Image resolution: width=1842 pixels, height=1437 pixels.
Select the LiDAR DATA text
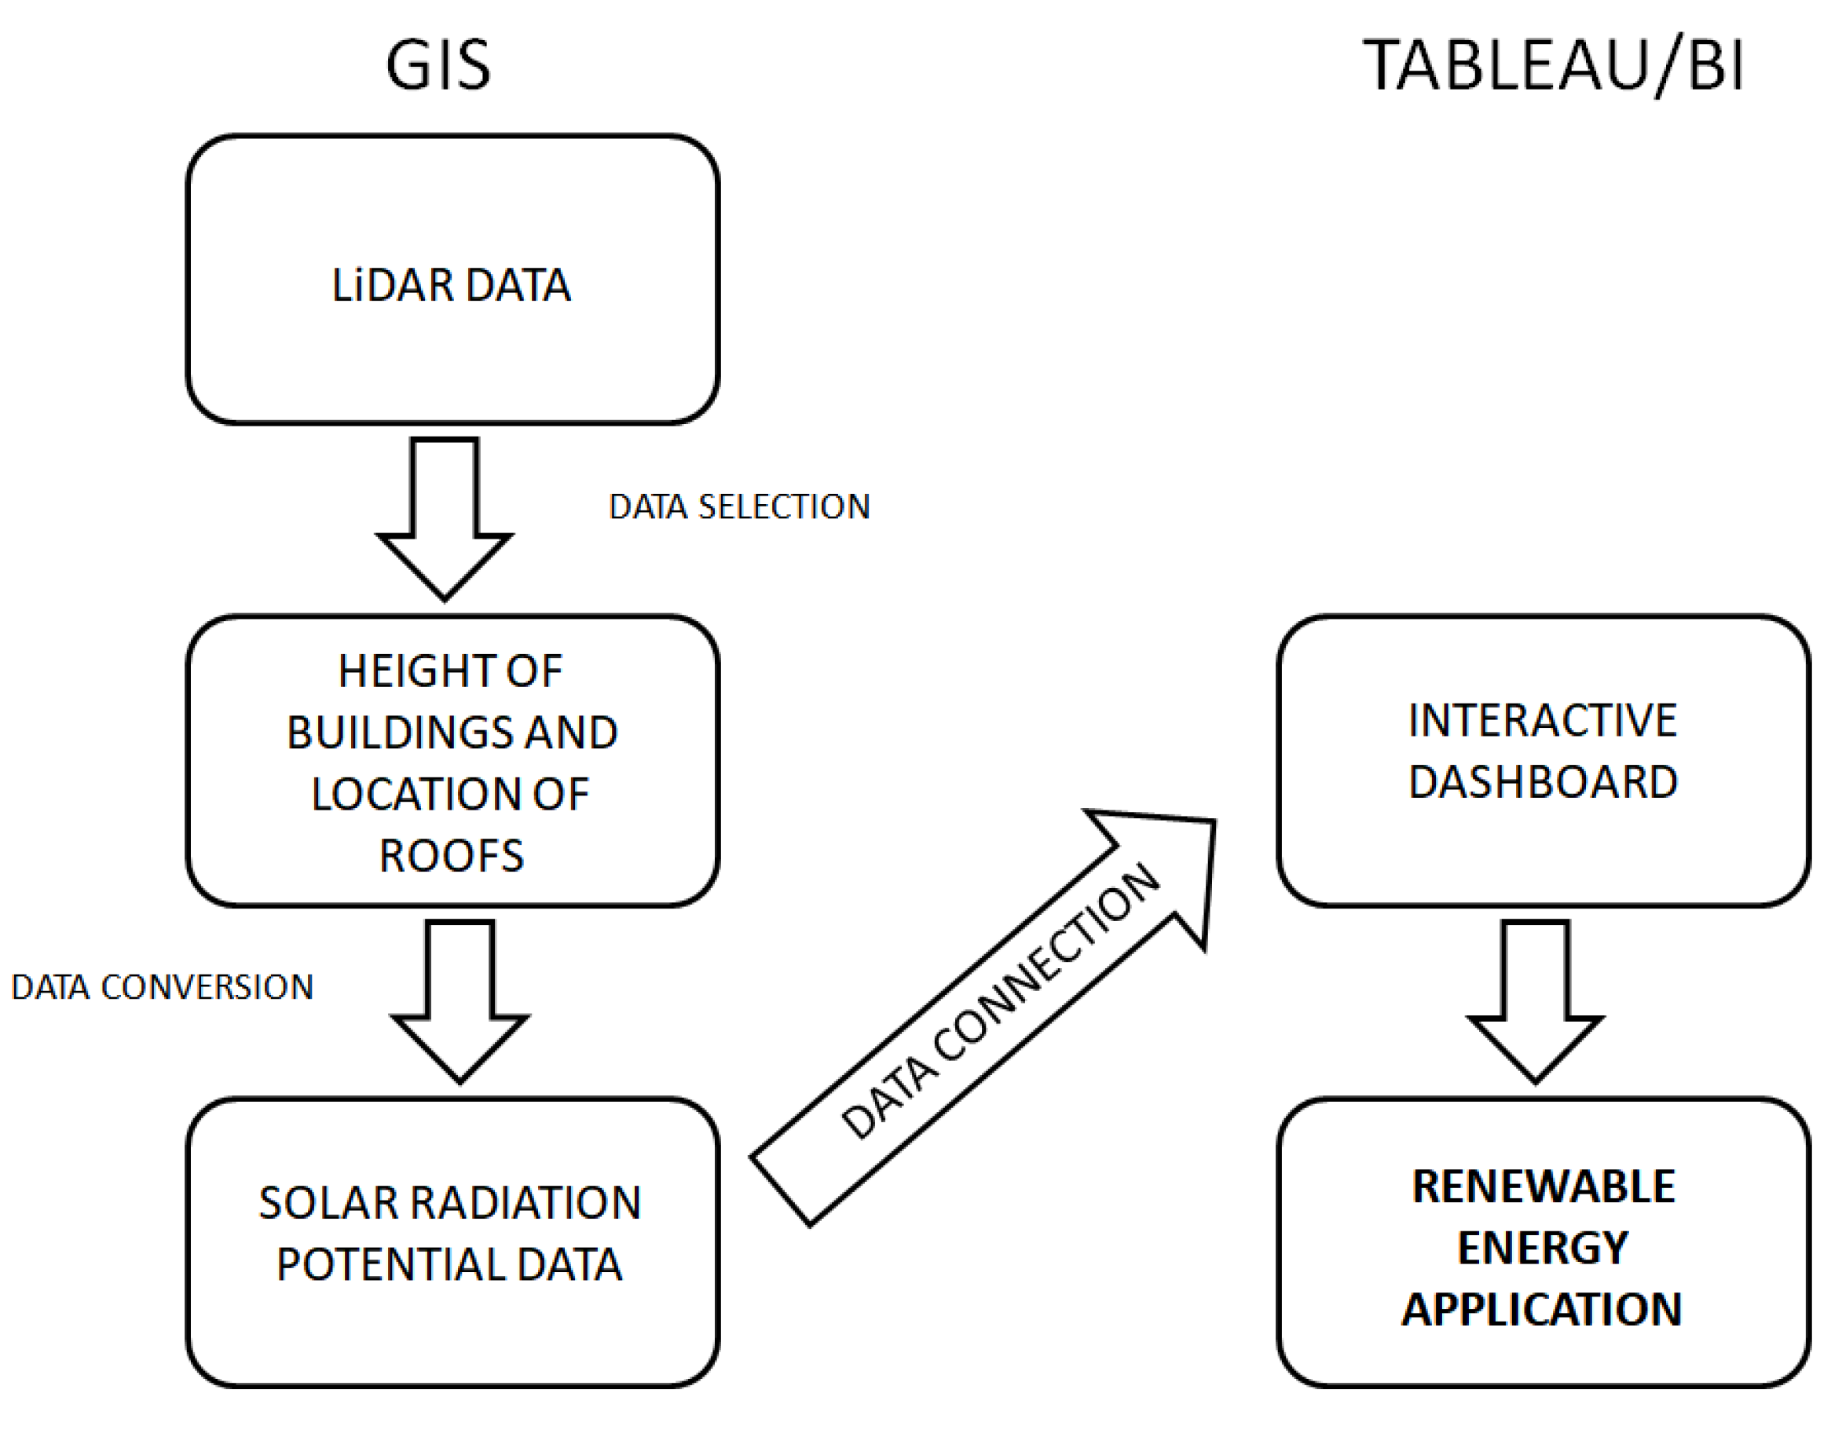pos(451,285)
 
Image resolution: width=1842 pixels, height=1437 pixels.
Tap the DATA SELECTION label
pos(739,506)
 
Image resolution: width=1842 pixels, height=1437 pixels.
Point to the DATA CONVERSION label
pos(162,988)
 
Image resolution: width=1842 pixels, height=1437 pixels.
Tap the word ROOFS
pos(451,856)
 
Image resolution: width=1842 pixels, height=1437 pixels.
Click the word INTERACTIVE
pos(1543,721)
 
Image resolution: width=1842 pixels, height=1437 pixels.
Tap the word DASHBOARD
pos(1543,782)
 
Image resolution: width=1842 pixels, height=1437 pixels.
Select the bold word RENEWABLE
pos(1544,1187)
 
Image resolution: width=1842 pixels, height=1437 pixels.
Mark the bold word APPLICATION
pos(1542,1310)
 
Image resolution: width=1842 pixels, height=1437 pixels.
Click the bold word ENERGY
pos(1543,1248)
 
